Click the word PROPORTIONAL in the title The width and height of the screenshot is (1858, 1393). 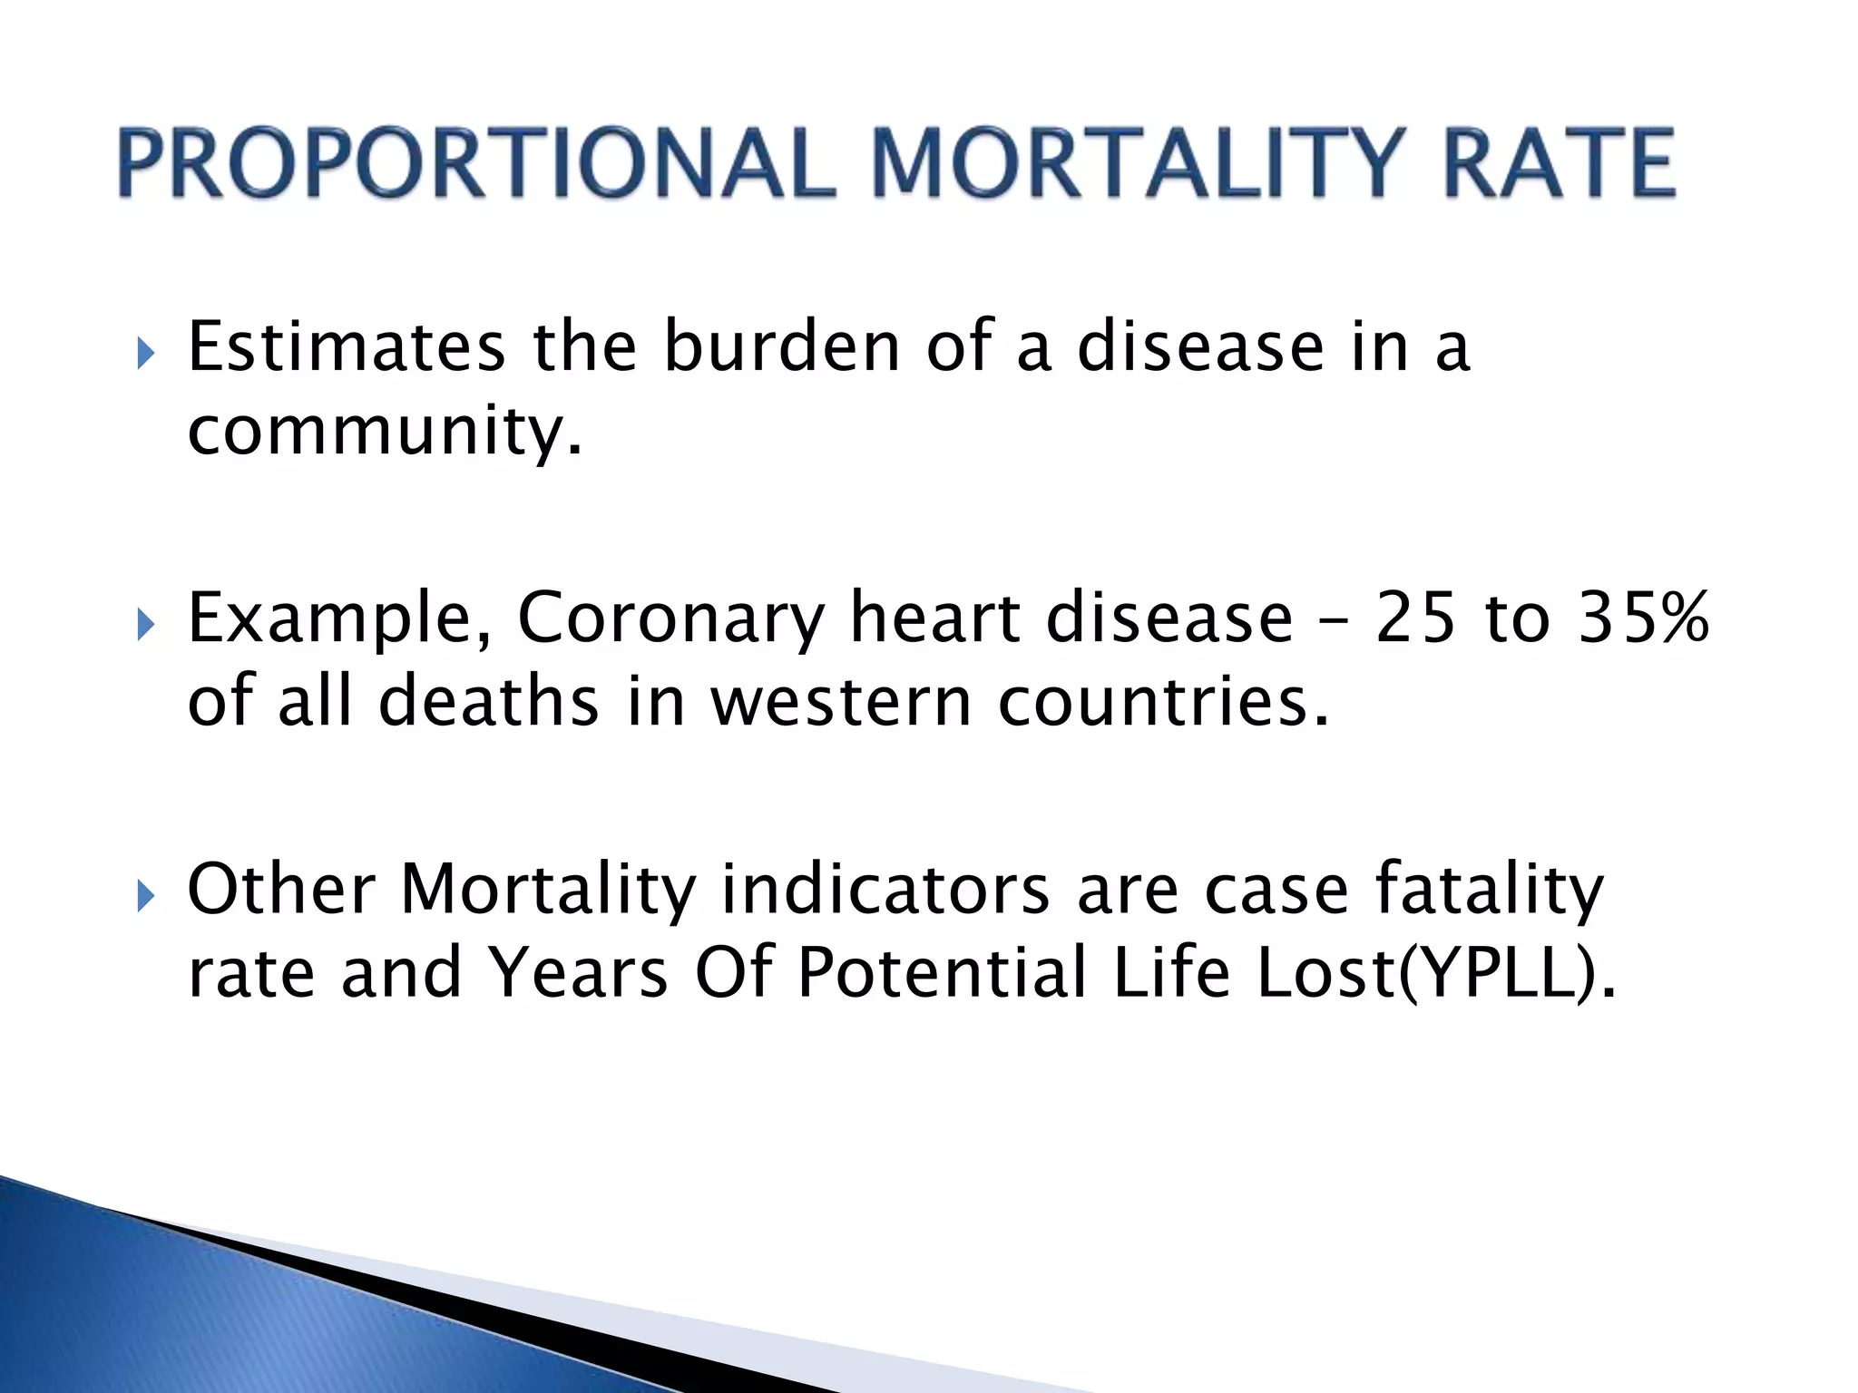point(476,163)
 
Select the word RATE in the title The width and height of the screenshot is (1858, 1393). point(1559,163)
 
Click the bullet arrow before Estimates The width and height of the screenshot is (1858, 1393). point(145,353)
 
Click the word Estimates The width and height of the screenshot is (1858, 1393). point(346,347)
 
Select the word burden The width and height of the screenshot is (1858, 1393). point(781,347)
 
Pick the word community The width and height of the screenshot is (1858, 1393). point(384,432)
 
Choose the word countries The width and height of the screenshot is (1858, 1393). point(1163,703)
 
